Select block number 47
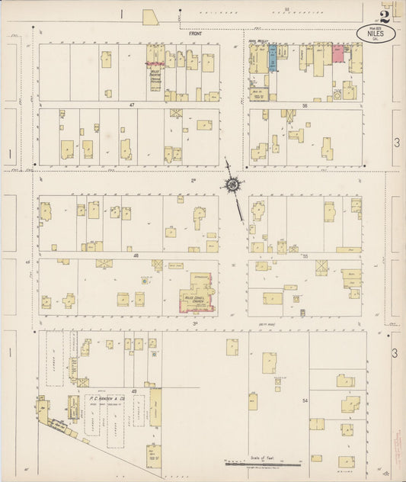pyautogui.click(x=131, y=104)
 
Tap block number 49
pyautogui.click(x=135, y=391)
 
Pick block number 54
pyautogui.click(x=305, y=400)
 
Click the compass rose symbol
pyautogui.click(x=232, y=184)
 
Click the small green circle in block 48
pyautogui.click(x=143, y=281)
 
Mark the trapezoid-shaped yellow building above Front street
pyautogui.click(x=150, y=17)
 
